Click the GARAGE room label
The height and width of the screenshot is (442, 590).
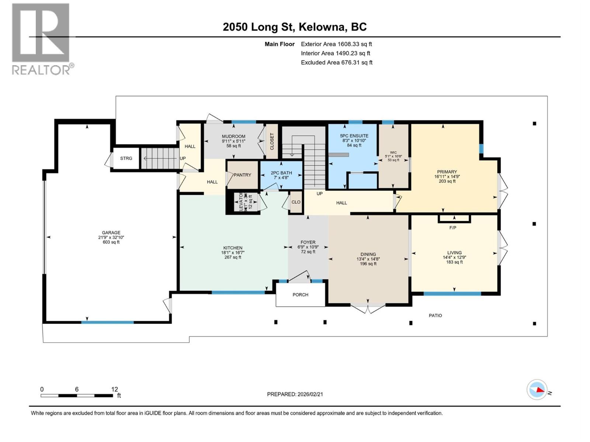click(x=111, y=233)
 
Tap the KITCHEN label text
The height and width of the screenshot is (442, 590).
click(x=233, y=248)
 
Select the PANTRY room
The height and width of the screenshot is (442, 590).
click(x=242, y=175)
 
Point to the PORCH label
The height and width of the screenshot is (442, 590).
click(x=301, y=295)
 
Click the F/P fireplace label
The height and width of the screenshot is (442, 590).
click(x=453, y=228)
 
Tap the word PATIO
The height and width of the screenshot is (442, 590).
click(x=435, y=316)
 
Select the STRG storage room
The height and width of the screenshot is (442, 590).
click(x=126, y=158)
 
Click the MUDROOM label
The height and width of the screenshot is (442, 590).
click(x=233, y=136)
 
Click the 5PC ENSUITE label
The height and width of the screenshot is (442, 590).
click(x=354, y=136)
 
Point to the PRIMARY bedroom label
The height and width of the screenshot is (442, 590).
click(x=447, y=172)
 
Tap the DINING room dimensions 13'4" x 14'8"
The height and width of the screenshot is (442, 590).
click(x=368, y=259)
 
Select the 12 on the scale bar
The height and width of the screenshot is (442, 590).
click(x=114, y=389)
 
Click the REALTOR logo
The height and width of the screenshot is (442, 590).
click(x=41, y=39)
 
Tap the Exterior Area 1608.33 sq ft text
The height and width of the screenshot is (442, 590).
click(x=336, y=44)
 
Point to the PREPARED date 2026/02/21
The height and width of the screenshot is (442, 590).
click(x=295, y=394)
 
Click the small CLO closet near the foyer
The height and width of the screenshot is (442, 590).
click(x=296, y=202)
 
